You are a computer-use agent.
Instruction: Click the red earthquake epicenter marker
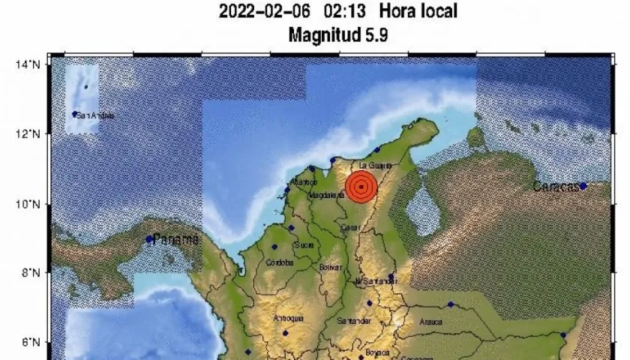point(361,186)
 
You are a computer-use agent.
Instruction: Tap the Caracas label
point(556,186)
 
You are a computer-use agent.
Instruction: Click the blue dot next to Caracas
point(583,186)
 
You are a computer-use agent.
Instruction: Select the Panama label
point(177,239)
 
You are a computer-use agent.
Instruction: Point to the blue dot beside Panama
point(150,239)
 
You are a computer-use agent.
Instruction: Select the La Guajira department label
point(375,165)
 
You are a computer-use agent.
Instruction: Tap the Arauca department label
point(431,322)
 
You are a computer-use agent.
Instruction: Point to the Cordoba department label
point(279,262)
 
